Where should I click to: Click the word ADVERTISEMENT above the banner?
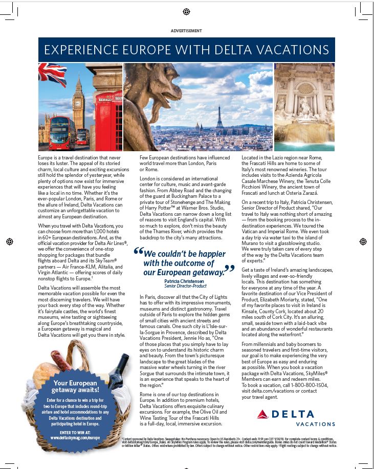click(186, 31)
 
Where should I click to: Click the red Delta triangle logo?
click(262, 414)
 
